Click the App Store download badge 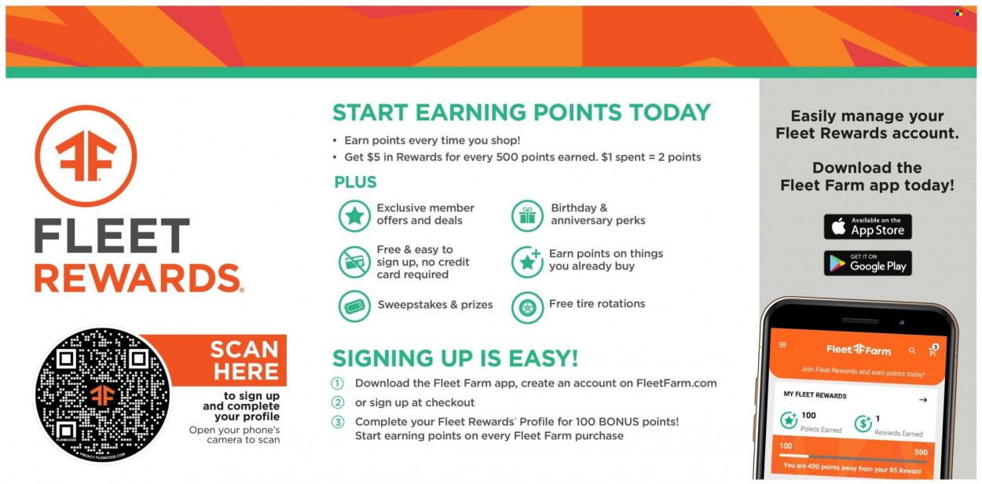point(867,226)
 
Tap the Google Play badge point(867,263)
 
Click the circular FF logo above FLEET point(86,156)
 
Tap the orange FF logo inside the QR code point(103,395)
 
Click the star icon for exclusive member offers point(354,216)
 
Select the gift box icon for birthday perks point(527,216)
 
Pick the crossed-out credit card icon point(354,262)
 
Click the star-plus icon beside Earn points point(527,262)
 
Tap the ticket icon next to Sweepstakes point(354,306)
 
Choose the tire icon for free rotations point(527,307)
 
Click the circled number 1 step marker point(337,383)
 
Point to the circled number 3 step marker point(337,422)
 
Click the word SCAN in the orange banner point(244,350)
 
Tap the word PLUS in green point(355,182)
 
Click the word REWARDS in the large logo point(137,278)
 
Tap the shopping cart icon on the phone point(933,350)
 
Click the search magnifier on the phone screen point(912,350)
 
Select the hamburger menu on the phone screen point(782,345)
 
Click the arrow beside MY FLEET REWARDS point(923,400)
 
